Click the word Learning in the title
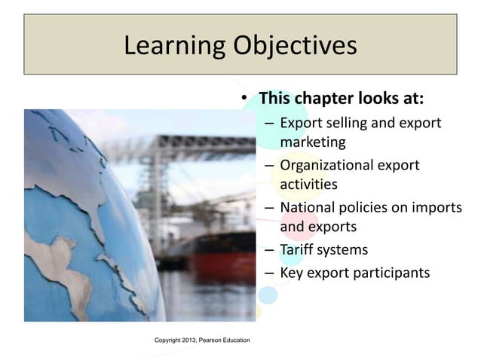(x=167, y=46)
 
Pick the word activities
(x=308, y=184)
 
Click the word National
(x=308, y=207)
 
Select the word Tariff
(x=298, y=249)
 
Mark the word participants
(x=389, y=273)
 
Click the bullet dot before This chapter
(x=244, y=99)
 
